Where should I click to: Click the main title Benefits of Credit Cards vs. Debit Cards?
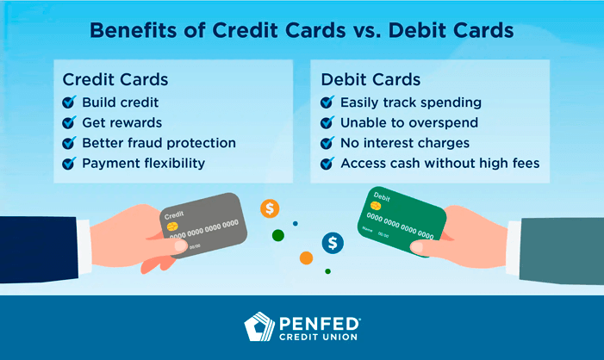tap(302, 30)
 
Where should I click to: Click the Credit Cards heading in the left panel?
tap(115, 79)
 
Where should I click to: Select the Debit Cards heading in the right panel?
tap(370, 79)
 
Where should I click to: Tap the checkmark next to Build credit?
tap(70, 103)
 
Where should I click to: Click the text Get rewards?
tap(121, 123)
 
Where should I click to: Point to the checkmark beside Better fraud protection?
tap(70, 143)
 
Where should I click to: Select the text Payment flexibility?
tap(142, 163)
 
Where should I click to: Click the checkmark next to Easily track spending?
tap(327, 103)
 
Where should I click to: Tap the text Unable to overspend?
tap(409, 123)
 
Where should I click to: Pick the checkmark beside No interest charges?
tap(327, 143)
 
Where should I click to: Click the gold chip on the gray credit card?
tap(173, 227)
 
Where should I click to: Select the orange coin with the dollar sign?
tap(271, 208)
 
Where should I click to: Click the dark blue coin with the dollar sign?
tap(333, 243)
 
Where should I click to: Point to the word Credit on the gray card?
tap(175, 214)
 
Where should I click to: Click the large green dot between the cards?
tap(277, 235)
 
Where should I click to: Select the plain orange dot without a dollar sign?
tap(306, 258)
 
